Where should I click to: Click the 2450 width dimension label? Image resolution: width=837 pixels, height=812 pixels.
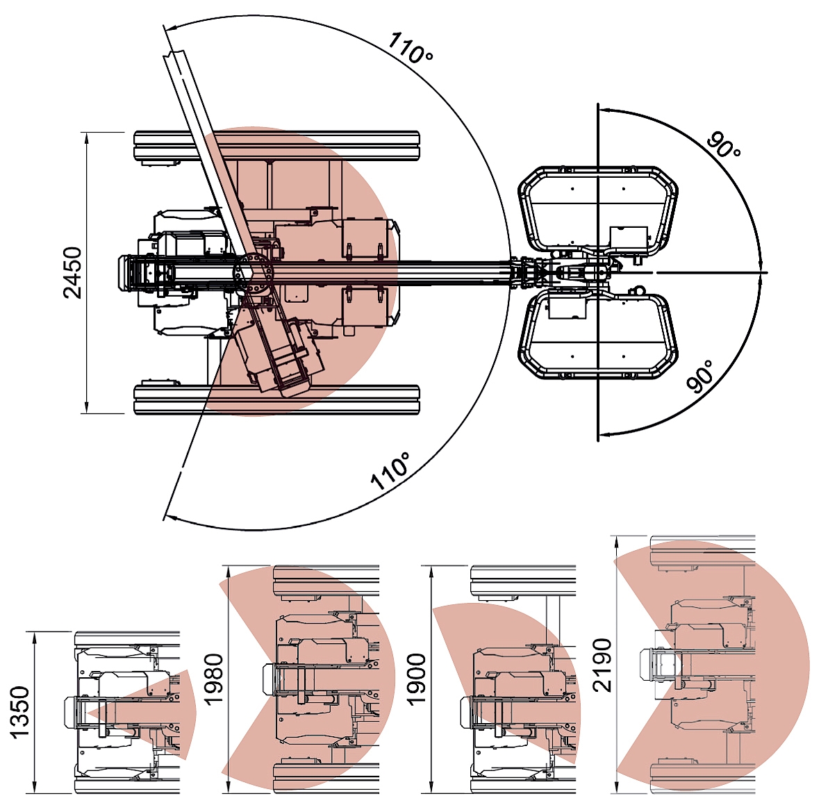(72, 273)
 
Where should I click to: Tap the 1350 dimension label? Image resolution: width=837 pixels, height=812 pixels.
(19, 712)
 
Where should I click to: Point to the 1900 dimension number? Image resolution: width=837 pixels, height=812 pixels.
(416, 679)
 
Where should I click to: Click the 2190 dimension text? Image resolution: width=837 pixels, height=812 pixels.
(602, 665)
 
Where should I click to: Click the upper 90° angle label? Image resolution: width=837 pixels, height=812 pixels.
(724, 147)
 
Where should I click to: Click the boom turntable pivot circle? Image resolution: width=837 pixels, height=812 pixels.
(254, 273)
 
